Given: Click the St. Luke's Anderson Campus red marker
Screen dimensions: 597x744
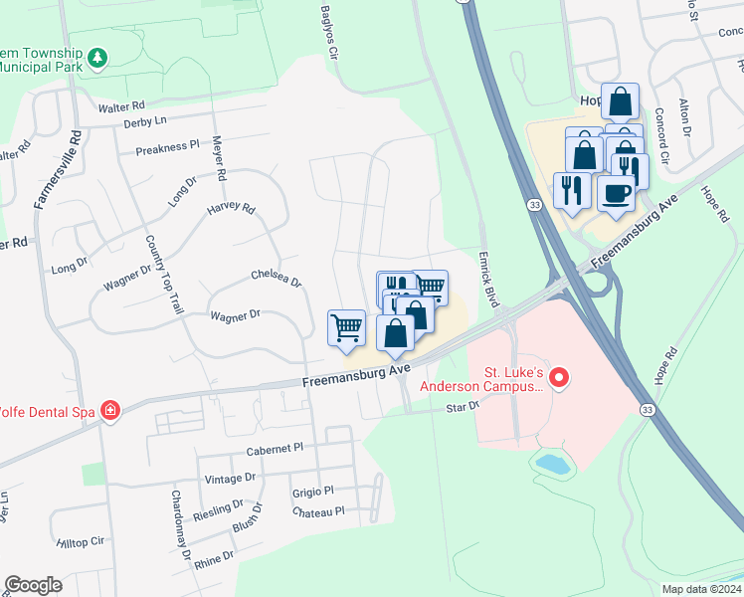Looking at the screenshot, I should click(x=559, y=378).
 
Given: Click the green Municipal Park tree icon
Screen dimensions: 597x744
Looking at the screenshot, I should click(x=97, y=58).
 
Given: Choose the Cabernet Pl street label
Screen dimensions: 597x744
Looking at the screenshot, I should click(x=276, y=450).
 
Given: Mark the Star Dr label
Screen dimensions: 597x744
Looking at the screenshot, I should click(x=463, y=406).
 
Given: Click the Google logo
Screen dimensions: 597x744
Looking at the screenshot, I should click(x=33, y=585).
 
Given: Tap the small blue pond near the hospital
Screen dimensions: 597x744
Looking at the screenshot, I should click(x=550, y=462).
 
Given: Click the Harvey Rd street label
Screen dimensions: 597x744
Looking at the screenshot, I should click(x=231, y=210).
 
